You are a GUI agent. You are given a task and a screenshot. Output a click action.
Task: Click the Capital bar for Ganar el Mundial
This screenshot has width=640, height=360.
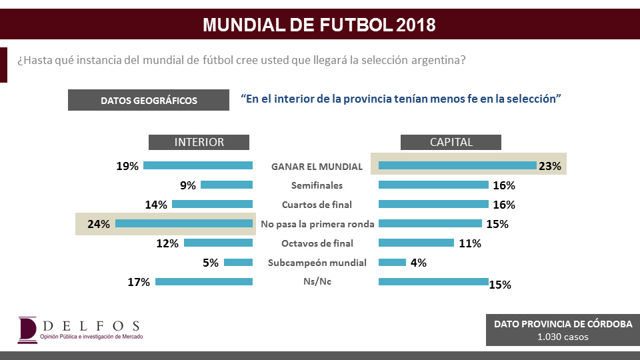tap(457, 165)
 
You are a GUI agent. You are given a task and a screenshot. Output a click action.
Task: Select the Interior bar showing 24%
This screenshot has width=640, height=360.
tap(184, 224)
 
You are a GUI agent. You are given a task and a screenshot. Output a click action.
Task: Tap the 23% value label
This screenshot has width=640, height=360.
tap(551, 167)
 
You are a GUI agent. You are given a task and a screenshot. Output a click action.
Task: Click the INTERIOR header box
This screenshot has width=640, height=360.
tap(199, 142)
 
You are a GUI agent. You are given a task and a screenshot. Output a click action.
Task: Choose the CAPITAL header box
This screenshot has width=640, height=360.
tap(451, 142)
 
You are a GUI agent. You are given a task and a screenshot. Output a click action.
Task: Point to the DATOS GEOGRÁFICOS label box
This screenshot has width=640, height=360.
tap(149, 101)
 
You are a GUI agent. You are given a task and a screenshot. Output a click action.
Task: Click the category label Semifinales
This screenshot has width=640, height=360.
tap(317, 185)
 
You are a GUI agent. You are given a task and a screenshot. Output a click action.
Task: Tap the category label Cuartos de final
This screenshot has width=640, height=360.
tap(317, 205)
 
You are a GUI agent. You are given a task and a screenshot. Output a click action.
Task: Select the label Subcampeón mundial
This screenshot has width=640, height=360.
tap(317, 263)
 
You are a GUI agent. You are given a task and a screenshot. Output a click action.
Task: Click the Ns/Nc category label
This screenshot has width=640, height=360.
tap(317, 282)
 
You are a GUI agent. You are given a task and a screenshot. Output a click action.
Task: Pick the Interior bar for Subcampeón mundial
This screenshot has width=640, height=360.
tap(238, 263)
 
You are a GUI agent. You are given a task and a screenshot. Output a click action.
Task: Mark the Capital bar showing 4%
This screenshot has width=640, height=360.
tap(392, 262)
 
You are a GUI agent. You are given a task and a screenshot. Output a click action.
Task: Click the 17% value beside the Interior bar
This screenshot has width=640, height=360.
tap(139, 282)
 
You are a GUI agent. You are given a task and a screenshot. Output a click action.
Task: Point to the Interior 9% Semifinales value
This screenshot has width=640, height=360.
tap(187, 186)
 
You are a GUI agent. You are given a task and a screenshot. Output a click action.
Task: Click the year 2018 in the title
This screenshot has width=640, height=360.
tap(416, 25)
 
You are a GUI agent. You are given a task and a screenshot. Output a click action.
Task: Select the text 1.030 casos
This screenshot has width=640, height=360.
tap(563, 337)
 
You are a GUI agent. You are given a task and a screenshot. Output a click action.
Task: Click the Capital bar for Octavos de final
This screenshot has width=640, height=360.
tap(416, 243)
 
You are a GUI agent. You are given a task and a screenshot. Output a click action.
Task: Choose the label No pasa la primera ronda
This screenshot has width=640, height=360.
tap(317, 224)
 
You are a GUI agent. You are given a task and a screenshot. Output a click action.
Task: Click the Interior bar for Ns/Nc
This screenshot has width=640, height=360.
tap(204, 282)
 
